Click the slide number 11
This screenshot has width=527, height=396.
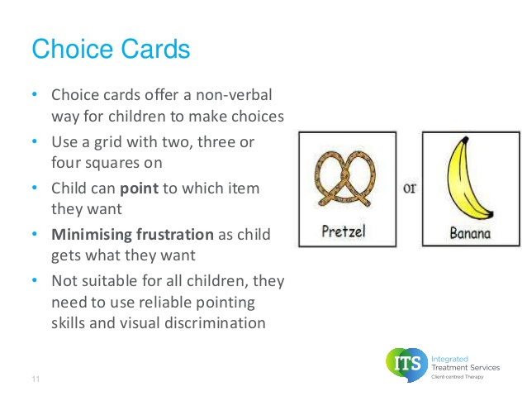tap(36, 379)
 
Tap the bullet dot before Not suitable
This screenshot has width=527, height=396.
tap(35, 280)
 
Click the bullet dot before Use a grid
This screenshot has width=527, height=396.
tap(35, 141)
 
